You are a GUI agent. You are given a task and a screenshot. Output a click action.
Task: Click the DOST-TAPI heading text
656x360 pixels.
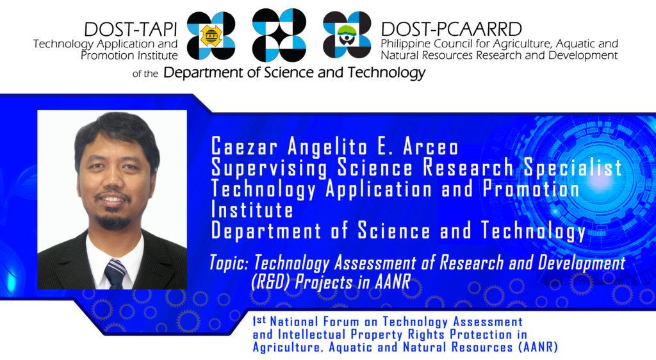point(131,29)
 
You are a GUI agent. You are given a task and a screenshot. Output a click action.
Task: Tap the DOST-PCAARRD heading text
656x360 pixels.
point(452,29)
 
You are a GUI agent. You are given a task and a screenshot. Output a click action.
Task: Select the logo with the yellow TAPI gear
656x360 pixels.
point(211,35)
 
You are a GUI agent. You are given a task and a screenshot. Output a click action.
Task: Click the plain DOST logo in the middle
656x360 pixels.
point(279,35)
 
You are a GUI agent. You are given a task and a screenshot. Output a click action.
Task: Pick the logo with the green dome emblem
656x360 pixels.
point(347,35)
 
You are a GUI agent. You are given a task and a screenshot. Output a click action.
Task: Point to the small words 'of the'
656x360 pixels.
point(145,74)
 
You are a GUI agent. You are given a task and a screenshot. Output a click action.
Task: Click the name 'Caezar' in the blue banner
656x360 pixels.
point(244,146)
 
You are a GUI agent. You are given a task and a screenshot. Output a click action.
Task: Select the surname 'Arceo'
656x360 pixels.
point(430,146)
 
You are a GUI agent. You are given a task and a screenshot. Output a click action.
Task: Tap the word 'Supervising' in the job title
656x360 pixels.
point(269,168)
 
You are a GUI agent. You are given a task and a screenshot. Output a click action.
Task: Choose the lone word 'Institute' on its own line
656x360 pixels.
point(252,209)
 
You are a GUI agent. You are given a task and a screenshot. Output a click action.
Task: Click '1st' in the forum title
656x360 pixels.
point(259,321)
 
